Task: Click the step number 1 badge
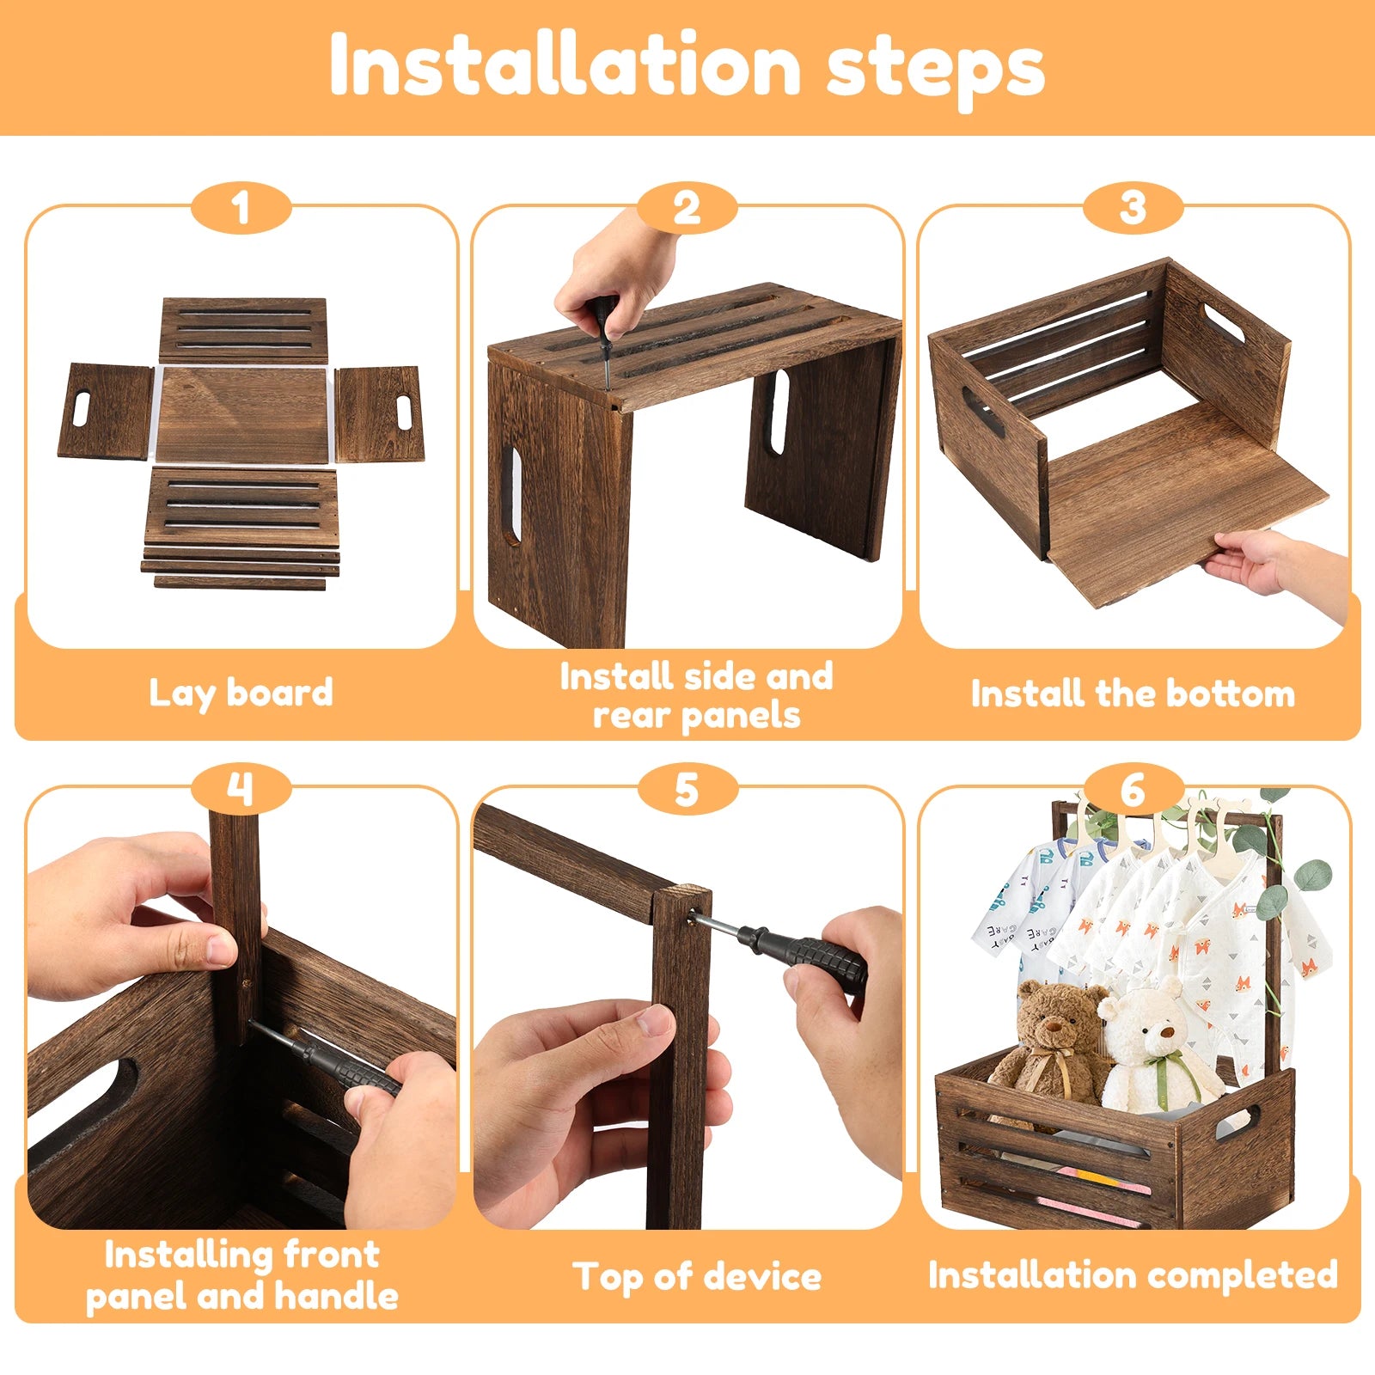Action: (x=241, y=209)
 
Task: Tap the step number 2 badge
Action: (x=687, y=209)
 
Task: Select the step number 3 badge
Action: (x=1133, y=209)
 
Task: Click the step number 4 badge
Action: (x=241, y=789)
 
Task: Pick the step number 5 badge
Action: (x=687, y=789)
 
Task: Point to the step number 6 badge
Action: (x=1133, y=789)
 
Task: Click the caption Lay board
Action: (x=241, y=693)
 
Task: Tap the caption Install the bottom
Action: (x=1133, y=694)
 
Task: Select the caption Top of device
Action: (x=697, y=1276)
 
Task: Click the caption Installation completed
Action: (x=1133, y=1274)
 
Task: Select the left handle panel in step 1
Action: (x=106, y=411)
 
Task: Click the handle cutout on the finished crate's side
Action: (x=1237, y=1121)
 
